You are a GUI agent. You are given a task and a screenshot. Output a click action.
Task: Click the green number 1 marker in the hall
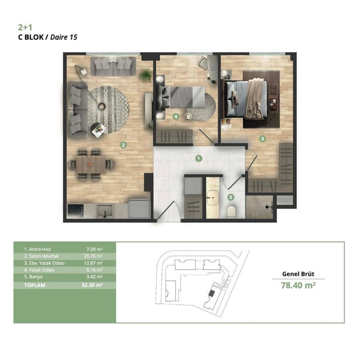pos(199,158)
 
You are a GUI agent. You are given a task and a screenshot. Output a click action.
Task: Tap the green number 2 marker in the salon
pos(124,145)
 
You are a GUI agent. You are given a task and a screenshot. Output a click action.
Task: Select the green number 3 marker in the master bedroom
pos(263,139)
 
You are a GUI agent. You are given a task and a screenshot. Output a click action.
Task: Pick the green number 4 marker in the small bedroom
pos(176,116)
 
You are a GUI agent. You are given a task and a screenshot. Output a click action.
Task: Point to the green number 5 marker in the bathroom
pos(231,197)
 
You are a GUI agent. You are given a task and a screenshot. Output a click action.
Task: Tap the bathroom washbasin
pos(213,197)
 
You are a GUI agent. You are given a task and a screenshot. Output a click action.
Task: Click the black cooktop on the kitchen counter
pos(76,211)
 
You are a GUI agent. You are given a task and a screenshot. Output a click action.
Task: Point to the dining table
pos(91,164)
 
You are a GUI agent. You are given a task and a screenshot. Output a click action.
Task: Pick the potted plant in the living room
pos(146,75)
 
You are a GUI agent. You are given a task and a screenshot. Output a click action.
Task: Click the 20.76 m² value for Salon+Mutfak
pos(93,256)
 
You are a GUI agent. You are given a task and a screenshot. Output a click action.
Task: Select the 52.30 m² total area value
pos(92,285)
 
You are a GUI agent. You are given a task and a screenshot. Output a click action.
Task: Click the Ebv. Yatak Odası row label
pos(44,263)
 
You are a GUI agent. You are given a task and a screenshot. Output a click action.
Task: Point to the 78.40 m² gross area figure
pos(298,285)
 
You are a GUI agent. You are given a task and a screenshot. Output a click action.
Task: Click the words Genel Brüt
pos(298,274)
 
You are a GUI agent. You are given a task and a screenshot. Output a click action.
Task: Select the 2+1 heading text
pos(25,28)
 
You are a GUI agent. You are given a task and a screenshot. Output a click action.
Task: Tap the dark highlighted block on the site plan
pos(212,293)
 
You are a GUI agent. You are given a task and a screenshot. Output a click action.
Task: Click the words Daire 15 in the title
pos(64,37)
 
